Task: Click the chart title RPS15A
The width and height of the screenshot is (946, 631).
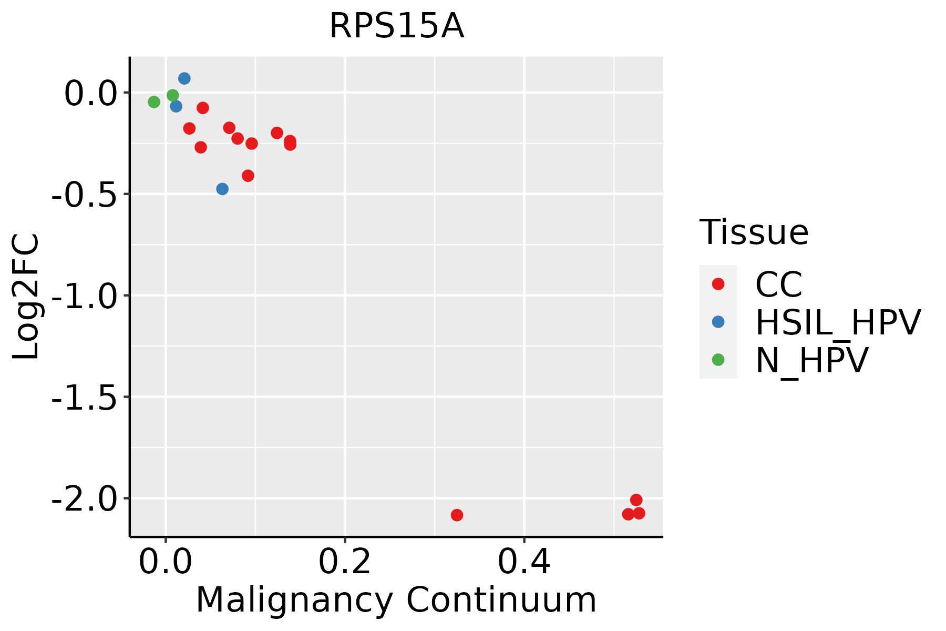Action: point(397,26)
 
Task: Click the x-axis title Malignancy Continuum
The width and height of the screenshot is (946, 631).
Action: point(396,600)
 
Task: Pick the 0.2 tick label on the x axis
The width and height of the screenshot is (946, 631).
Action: point(345,562)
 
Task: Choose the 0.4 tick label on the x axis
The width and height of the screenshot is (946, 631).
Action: point(524,562)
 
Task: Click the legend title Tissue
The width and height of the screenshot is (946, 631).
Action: point(754,232)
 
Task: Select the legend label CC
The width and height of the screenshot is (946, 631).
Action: point(779,284)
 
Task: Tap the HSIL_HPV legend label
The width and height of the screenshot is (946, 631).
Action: point(838,322)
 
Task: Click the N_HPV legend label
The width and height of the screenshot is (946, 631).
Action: point(811,360)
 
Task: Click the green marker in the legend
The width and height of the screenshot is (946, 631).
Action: point(718,360)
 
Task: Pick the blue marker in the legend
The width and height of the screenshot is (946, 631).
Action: point(718,322)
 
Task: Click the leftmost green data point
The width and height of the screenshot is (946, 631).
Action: point(154,102)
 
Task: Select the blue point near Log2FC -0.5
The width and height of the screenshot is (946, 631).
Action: point(222,189)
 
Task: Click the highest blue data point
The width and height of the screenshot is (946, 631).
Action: point(184,78)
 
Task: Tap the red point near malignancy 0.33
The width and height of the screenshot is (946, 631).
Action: point(457,515)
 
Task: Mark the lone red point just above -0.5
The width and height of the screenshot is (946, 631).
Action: point(248,176)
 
